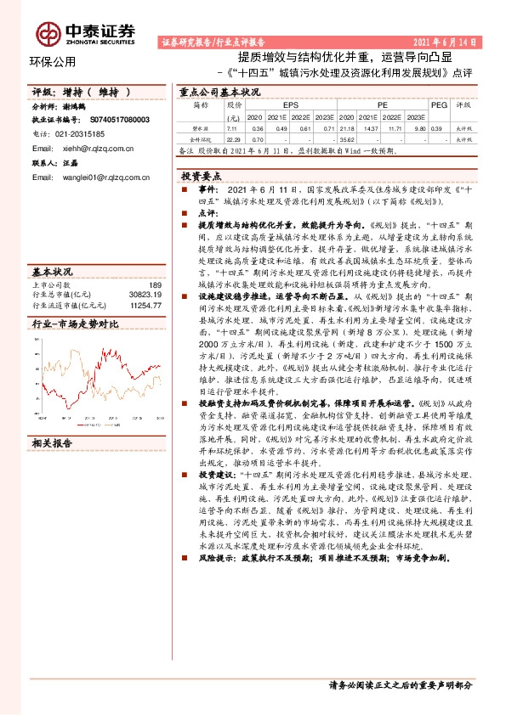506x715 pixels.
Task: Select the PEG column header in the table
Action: tap(438, 105)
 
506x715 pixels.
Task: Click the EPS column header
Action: tap(279, 105)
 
